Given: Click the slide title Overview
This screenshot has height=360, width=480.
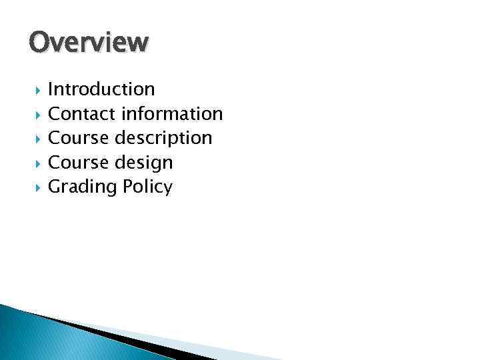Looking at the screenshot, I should tap(89, 42).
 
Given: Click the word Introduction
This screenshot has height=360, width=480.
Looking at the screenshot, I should tap(101, 89).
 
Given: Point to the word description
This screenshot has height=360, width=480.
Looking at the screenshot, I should tap(163, 139).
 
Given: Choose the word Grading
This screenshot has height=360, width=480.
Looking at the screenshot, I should tap(83, 187).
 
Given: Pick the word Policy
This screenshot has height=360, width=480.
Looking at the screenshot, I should tap(148, 187).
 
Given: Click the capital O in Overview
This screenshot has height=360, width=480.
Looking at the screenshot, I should tap(39, 41).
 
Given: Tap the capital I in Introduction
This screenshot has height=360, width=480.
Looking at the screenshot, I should tap(51, 89).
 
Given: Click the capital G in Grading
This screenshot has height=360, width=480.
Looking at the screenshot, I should tap(56, 187).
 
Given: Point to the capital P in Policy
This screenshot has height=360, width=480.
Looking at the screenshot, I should tap(129, 187).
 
